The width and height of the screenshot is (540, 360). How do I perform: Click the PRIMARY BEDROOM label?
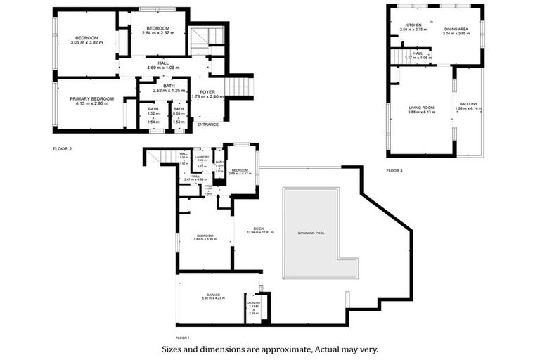click(91, 99)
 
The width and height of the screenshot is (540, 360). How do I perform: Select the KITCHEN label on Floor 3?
click(403, 25)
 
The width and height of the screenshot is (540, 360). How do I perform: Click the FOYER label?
click(207, 92)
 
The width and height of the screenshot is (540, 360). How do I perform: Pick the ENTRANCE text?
click(207, 124)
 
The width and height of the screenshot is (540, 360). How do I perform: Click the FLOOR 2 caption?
click(63, 149)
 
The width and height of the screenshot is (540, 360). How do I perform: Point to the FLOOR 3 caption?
click(394, 171)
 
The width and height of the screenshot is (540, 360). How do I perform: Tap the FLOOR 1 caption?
click(183, 338)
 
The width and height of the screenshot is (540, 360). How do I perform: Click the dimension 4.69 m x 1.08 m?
click(162, 67)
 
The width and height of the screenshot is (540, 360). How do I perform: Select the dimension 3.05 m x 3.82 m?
click(86, 43)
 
